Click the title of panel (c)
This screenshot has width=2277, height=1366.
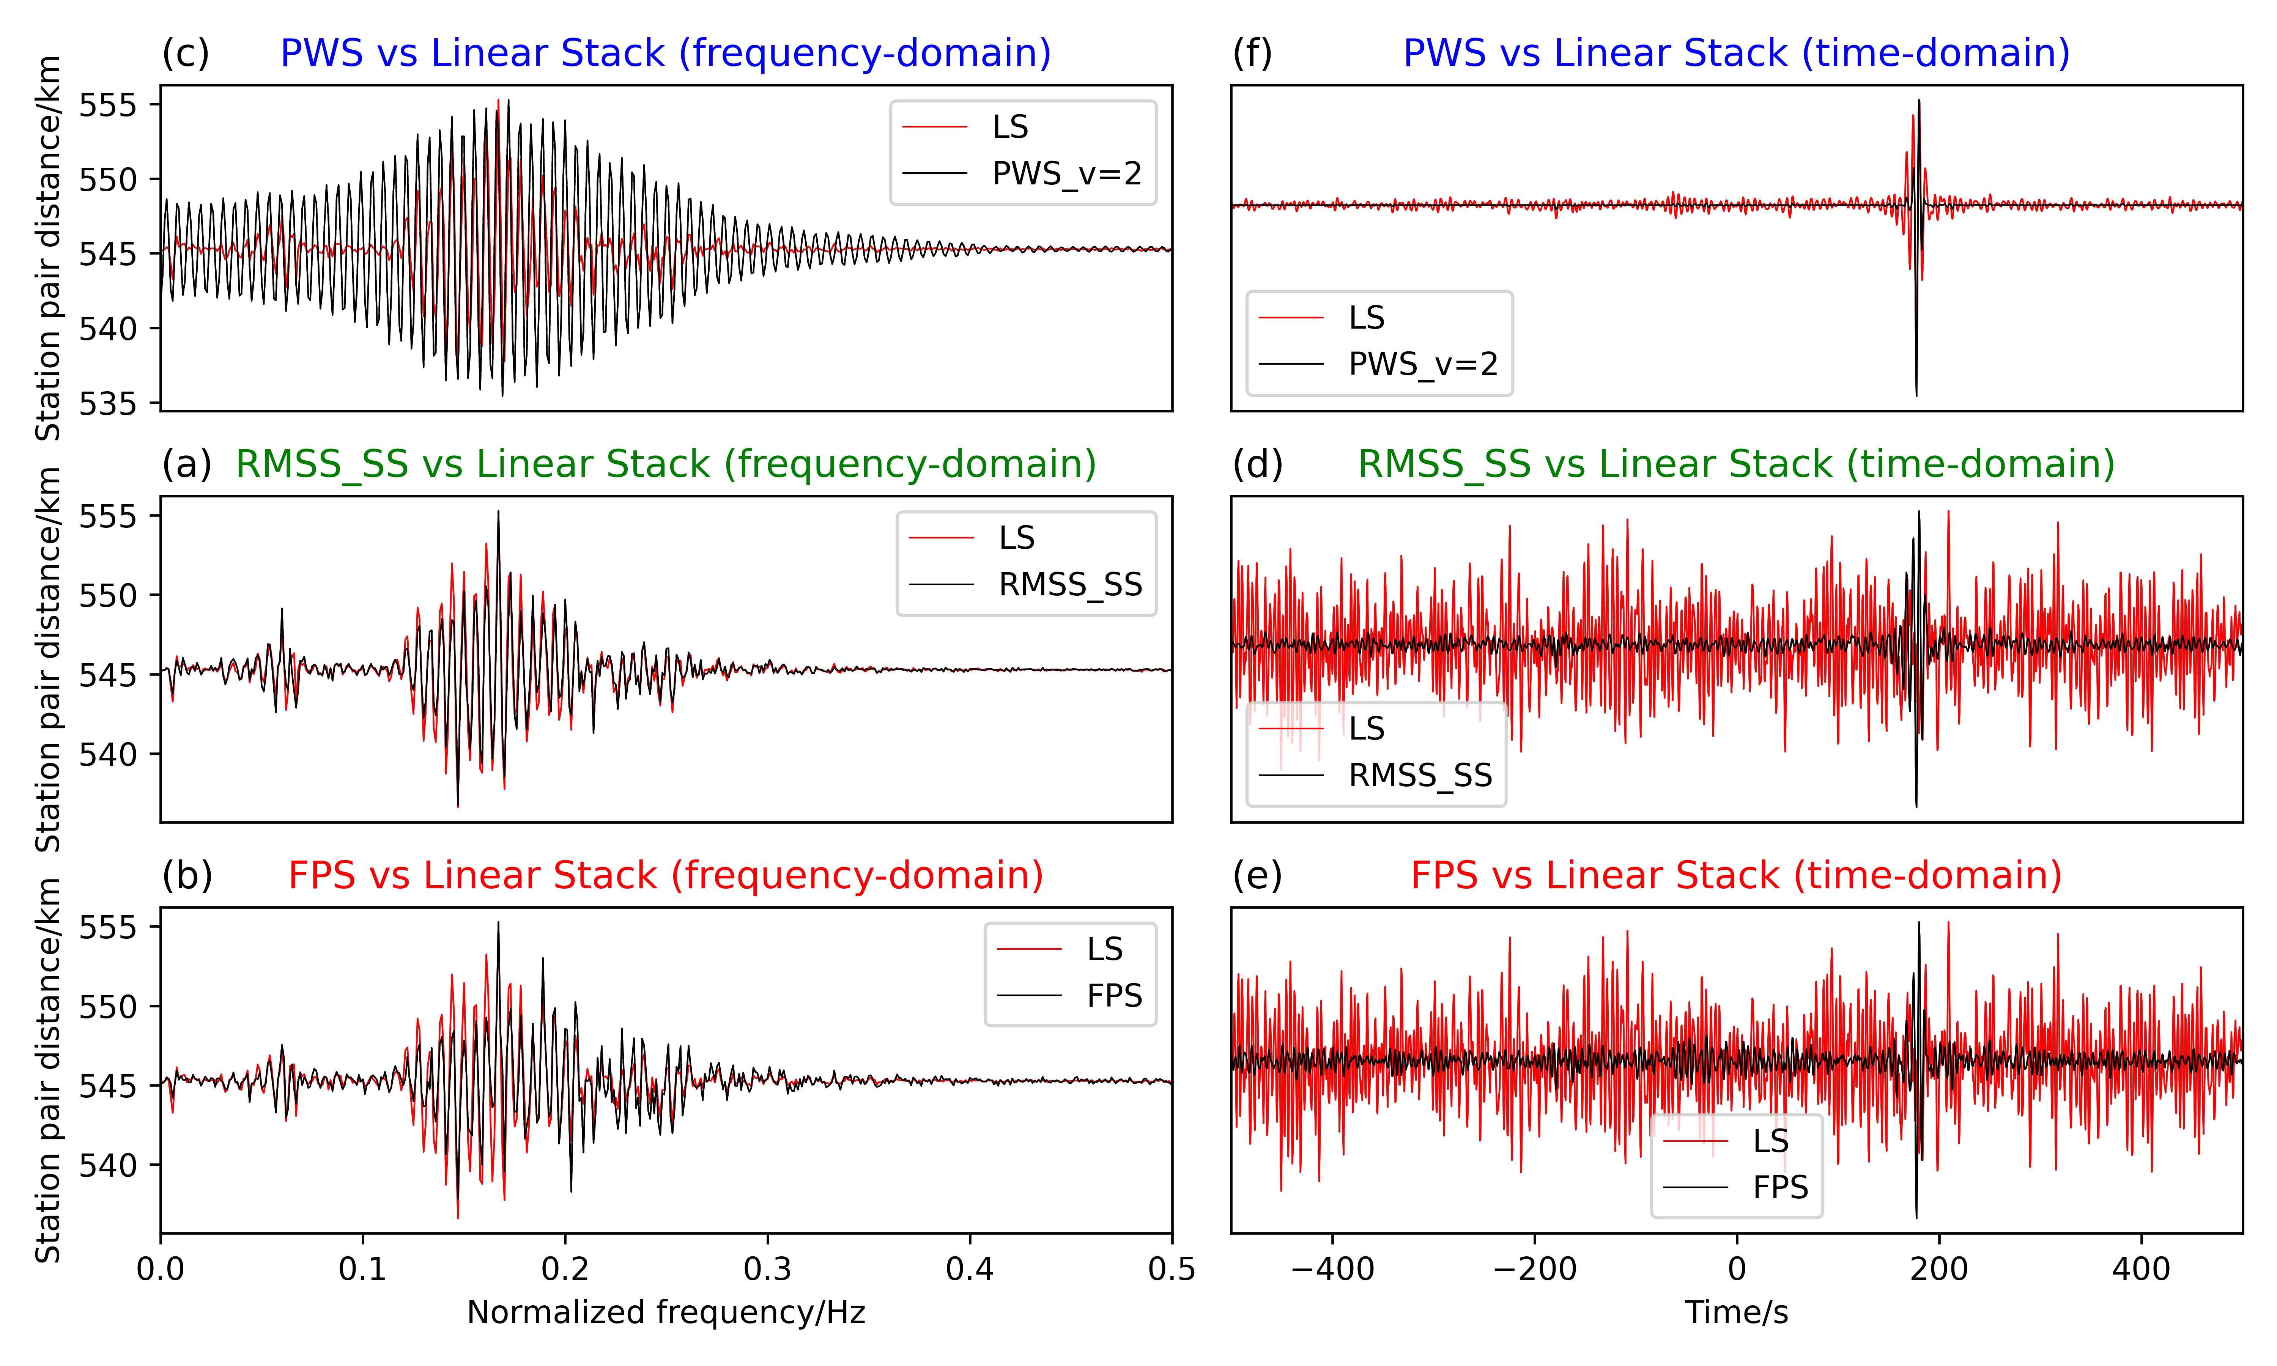point(665,54)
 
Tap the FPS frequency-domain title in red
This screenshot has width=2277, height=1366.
point(665,875)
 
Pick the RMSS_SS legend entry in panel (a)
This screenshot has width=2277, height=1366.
point(1069,584)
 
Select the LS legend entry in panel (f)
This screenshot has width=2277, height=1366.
point(1366,318)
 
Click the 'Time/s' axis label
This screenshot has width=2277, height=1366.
point(1736,1312)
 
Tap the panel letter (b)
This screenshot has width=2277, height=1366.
point(187,875)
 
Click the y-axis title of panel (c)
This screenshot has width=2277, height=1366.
point(48,249)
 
